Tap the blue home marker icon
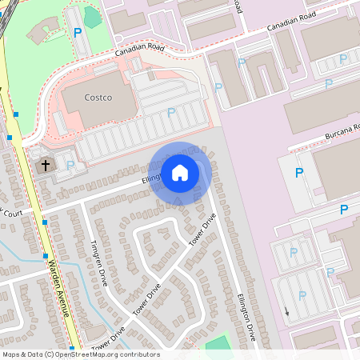coord(180,172)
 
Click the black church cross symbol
coord(45,166)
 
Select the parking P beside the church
coord(70,165)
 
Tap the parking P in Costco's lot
coord(170,113)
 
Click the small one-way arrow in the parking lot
coord(286,310)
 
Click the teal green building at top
coord(93,18)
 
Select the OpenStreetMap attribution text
coord(81,354)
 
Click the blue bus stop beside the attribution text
coord(72,350)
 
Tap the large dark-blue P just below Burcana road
coord(299,172)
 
